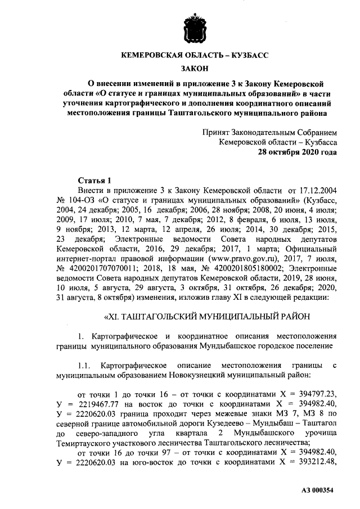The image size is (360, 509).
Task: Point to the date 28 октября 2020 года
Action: (x=298, y=152)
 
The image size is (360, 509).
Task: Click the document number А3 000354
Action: (x=318, y=489)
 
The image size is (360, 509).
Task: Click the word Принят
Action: (x=217, y=132)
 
